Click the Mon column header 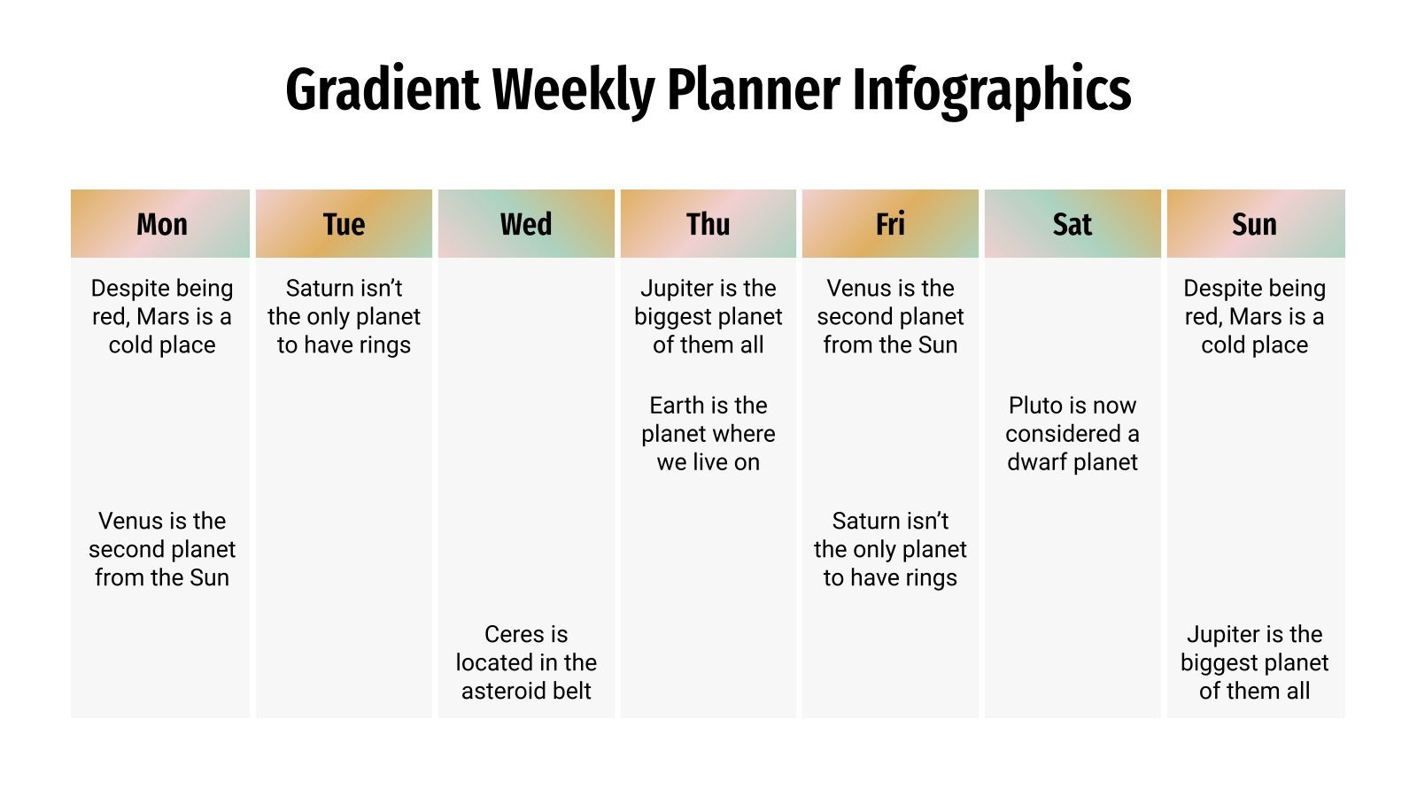(x=161, y=224)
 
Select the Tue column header (x=344, y=224)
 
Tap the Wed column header (x=526, y=224)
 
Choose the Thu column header (x=708, y=224)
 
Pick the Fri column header (x=890, y=224)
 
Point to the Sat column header (x=1072, y=224)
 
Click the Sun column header (x=1255, y=224)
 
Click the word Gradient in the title (x=383, y=90)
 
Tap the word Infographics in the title (x=992, y=90)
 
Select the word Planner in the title (x=754, y=90)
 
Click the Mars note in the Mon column (x=162, y=316)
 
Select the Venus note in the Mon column (x=162, y=549)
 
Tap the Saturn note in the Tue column (x=344, y=316)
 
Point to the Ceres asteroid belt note (x=526, y=662)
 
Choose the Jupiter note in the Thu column (x=708, y=316)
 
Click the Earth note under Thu (x=708, y=434)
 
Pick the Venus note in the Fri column (x=890, y=316)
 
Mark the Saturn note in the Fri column (x=890, y=549)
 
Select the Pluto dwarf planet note (x=1072, y=434)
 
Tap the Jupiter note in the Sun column (x=1255, y=662)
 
